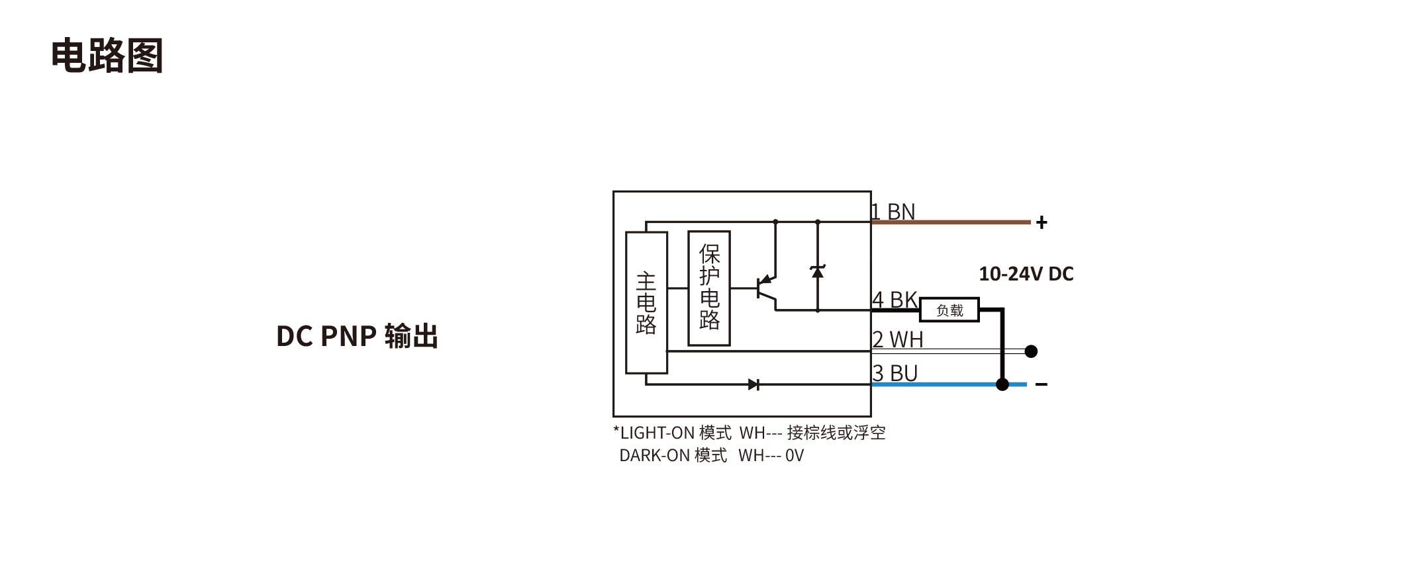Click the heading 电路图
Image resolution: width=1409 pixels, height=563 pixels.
(x=107, y=56)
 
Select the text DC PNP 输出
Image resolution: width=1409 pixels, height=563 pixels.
(x=357, y=336)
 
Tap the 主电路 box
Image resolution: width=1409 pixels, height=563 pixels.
(x=646, y=302)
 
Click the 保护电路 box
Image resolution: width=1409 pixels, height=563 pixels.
(x=709, y=288)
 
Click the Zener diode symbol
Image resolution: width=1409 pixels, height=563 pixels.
(x=818, y=271)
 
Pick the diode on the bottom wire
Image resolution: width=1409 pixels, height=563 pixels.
(x=753, y=384)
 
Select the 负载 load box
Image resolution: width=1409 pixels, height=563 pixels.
(x=949, y=310)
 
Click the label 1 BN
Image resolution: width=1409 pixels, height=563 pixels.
(x=893, y=212)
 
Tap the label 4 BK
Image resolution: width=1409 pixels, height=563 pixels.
(x=895, y=300)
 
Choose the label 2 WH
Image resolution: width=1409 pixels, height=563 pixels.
(x=897, y=339)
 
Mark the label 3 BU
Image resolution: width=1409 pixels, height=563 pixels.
(x=895, y=373)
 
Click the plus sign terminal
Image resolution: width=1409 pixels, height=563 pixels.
(x=1042, y=222)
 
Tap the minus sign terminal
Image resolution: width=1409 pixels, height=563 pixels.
(x=1042, y=385)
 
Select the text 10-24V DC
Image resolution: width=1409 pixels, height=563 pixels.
(x=1026, y=274)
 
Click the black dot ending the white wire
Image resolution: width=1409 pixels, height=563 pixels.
(x=1031, y=351)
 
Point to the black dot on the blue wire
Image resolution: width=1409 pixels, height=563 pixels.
(x=1002, y=384)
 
